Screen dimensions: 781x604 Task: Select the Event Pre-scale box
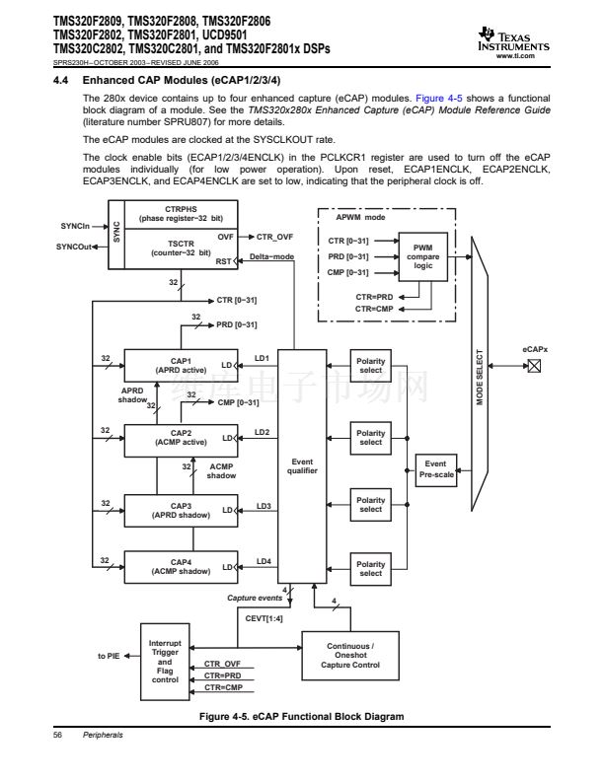click(x=435, y=468)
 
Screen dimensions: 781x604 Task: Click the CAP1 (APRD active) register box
click(x=180, y=366)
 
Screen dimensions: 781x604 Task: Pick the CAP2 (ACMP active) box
click(x=180, y=436)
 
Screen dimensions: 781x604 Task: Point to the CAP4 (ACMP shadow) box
click(x=180, y=566)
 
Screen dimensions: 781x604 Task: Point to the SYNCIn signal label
click(x=78, y=228)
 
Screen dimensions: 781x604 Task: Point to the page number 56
click(x=58, y=735)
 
